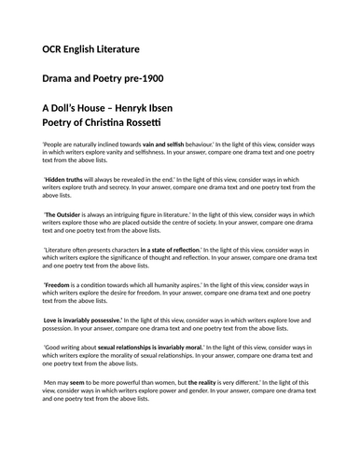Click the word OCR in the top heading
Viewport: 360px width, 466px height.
(56, 47)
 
